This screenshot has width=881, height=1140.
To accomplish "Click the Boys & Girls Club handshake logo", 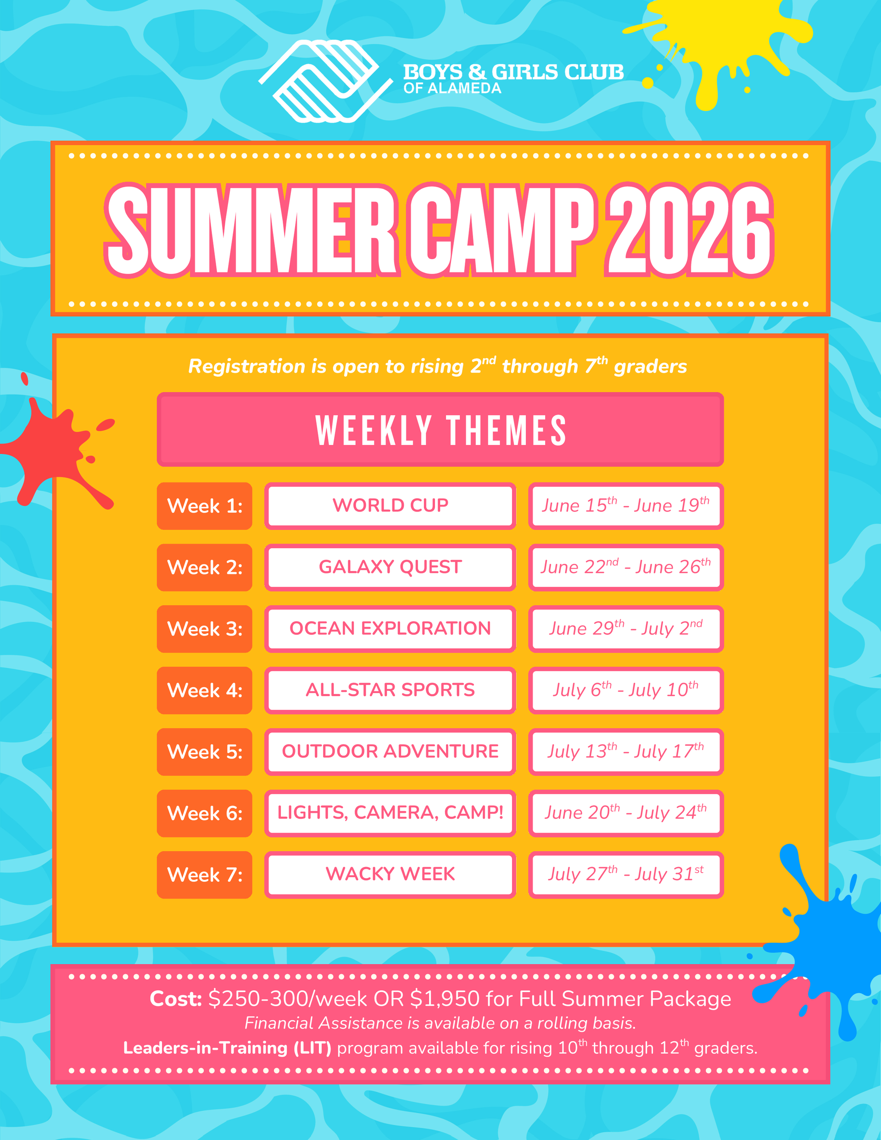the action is pos(326,81).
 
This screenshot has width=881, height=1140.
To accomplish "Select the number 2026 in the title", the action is pos(689,230).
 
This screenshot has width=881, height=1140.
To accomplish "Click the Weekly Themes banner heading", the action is pos(440,429).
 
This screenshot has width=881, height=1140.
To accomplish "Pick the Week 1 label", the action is pos(205,506).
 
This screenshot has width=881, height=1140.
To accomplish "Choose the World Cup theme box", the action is pos(390,506).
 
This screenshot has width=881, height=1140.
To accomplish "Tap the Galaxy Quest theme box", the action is pos(390,567).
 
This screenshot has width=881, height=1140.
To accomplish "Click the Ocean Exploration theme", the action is pos(390,628).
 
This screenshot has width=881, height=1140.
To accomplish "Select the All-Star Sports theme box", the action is pos(390,690).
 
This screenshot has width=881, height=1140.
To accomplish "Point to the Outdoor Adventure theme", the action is pos(390,751).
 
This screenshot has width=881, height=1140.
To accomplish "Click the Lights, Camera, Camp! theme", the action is pos(390,813).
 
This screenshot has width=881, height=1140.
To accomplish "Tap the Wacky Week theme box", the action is pos(390,875).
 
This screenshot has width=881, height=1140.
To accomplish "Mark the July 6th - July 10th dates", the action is pos(625,690).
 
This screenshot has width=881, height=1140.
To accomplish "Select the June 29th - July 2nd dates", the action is pos(625,628).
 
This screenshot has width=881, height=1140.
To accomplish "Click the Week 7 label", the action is pos(205,875).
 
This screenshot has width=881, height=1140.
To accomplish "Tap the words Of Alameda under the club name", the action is pos(452,88).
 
